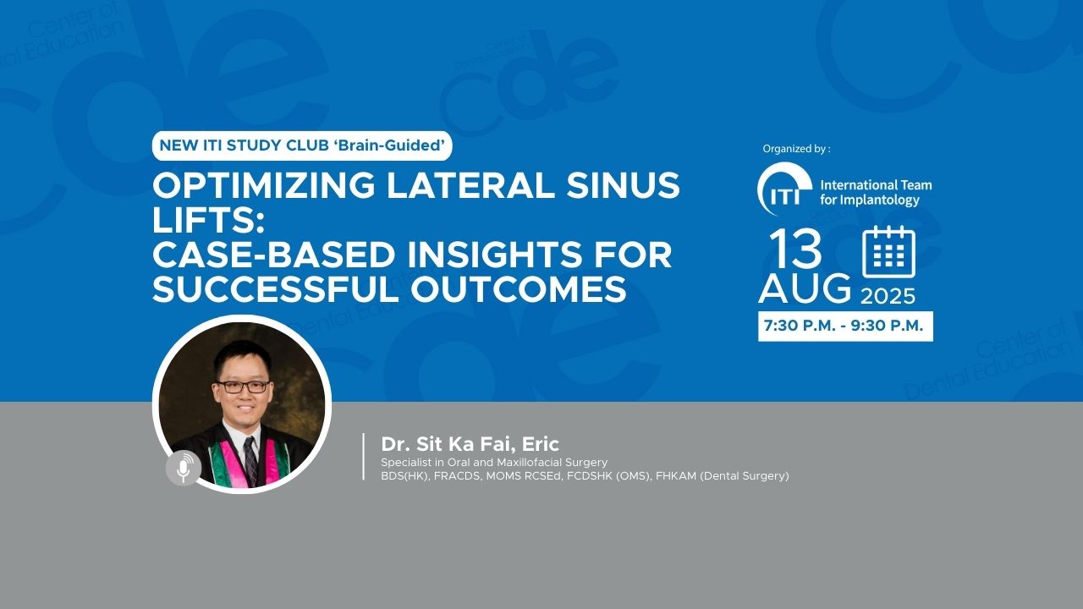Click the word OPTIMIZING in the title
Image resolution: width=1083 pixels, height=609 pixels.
click(263, 185)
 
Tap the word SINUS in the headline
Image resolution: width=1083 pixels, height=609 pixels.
click(624, 185)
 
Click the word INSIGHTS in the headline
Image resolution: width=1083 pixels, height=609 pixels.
click(492, 255)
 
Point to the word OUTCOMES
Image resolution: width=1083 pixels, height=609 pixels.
click(519, 289)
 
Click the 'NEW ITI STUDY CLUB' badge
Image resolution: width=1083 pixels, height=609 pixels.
click(302, 145)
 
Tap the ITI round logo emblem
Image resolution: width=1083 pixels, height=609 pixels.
click(784, 189)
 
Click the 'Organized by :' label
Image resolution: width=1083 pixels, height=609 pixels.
click(796, 149)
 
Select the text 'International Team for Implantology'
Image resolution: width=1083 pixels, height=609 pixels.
click(876, 192)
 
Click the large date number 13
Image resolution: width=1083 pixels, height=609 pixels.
click(795, 250)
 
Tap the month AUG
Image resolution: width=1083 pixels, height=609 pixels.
click(805, 288)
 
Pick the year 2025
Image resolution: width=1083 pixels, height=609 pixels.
click(888, 296)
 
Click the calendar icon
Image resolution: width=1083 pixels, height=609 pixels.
click(888, 252)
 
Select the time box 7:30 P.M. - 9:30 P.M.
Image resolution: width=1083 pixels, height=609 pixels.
click(845, 326)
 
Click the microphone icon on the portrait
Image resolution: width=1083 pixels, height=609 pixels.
click(184, 469)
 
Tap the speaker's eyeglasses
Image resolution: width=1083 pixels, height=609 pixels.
click(243, 387)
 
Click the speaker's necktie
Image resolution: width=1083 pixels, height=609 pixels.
click(250, 461)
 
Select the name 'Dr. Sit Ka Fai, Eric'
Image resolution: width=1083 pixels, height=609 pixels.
click(470, 444)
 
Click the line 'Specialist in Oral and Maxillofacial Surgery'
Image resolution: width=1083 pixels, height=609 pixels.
click(494, 463)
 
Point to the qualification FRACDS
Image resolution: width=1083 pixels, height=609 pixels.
click(458, 476)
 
